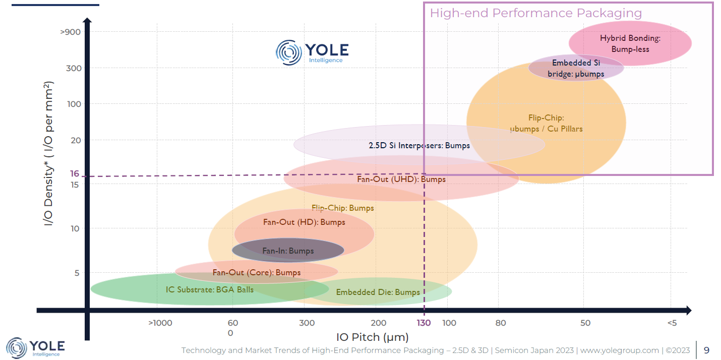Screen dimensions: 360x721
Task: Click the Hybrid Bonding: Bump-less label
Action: tap(630, 43)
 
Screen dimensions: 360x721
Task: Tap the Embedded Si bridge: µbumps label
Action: tap(576, 69)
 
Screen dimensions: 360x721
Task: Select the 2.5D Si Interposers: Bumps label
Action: tap(419, 146)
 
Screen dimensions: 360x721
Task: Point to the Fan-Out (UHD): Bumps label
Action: tap(401, 179)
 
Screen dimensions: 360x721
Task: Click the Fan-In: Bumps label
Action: tap(288, 251)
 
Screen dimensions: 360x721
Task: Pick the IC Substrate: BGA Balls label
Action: tap(210, 290)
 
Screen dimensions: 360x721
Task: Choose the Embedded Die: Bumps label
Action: tap(378, 292)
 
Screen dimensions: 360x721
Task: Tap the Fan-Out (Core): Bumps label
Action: tap(256, 273)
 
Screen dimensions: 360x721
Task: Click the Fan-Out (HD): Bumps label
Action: tap(304, 222)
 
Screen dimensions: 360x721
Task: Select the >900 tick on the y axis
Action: tap(71, 32)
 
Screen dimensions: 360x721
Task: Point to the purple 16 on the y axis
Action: tap(75, 174)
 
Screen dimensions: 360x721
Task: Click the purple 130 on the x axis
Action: tap(424, 323)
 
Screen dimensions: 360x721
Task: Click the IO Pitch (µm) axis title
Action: tap(372, 337)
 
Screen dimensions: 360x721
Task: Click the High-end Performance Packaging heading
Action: tap(535, 13)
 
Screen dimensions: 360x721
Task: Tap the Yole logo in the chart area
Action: tap(312, 52)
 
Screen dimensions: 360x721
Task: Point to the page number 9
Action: tap(706, 350)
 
